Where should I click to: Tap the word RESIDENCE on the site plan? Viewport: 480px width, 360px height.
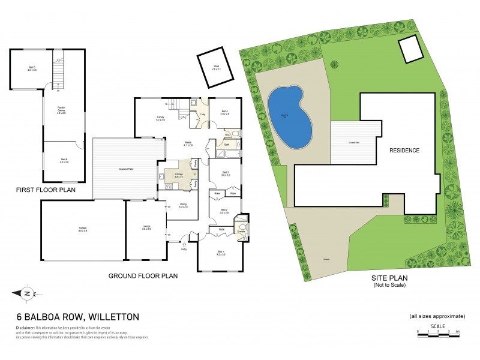(x=404, y=151)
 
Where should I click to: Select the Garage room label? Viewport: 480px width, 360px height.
(x=82, y=229)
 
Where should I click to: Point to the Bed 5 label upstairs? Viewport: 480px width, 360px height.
(x=32, y=68)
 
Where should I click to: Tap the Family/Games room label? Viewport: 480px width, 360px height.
(x=60, y=111)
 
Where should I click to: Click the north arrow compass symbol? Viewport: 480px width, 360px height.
(x=27, y=293)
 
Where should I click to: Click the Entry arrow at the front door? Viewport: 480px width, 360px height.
(x=184, y=245)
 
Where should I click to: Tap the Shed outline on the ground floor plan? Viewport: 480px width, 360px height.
(x=216, y=67)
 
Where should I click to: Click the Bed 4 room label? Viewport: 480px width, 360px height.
(x=224, y=112)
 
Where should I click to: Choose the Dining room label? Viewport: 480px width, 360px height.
(x=183, y=206)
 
